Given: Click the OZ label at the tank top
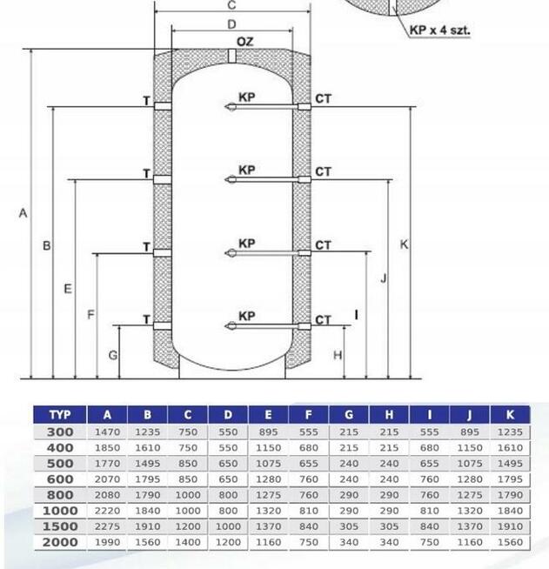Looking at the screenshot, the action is coord(244,42).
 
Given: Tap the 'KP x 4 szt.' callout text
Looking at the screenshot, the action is coord(439,30).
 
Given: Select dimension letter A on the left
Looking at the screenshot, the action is coord(23,213).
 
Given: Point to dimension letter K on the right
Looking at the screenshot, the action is coord(404,244).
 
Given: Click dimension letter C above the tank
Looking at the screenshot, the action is coord(231,5).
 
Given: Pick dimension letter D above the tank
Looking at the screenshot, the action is coord(231,24).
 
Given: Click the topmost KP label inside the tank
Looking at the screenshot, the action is coord(247,97).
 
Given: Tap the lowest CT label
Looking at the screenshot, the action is coord(323,320).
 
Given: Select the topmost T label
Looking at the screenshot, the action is coord(146,101).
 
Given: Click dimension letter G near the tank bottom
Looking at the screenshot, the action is coord(113,355).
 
